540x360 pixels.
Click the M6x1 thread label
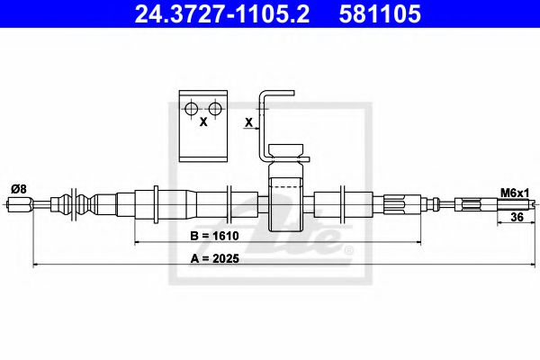(x=516, y=192)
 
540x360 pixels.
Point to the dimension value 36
(x=517, y=217)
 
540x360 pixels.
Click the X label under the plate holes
(x=202, y=121)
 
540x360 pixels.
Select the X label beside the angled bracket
(x=247, y=121)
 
